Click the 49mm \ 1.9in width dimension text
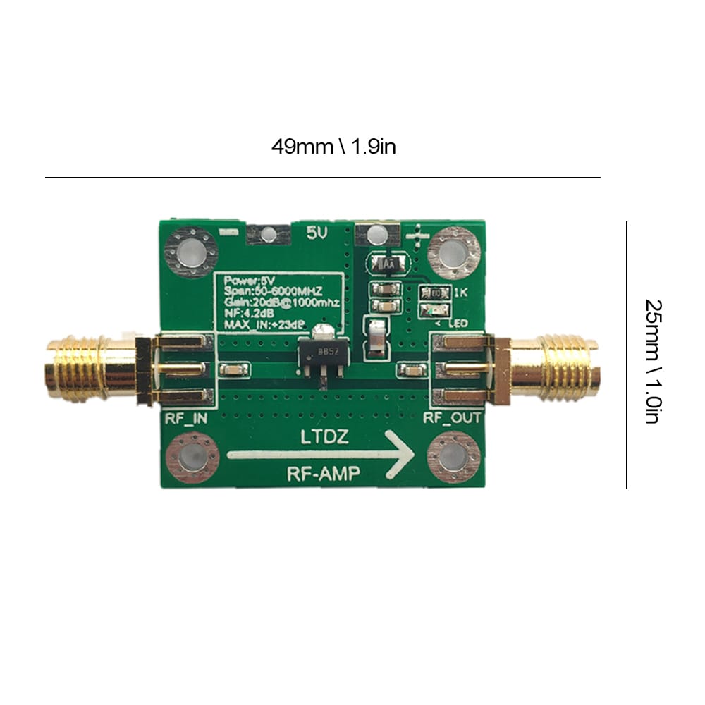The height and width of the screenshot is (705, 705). point(334,147)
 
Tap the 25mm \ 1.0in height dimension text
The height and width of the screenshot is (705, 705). point(653,360)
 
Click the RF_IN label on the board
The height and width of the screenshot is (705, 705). point(185,418)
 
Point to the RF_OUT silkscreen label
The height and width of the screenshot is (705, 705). point(452,418)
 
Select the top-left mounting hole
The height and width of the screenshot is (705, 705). point(189,252)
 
